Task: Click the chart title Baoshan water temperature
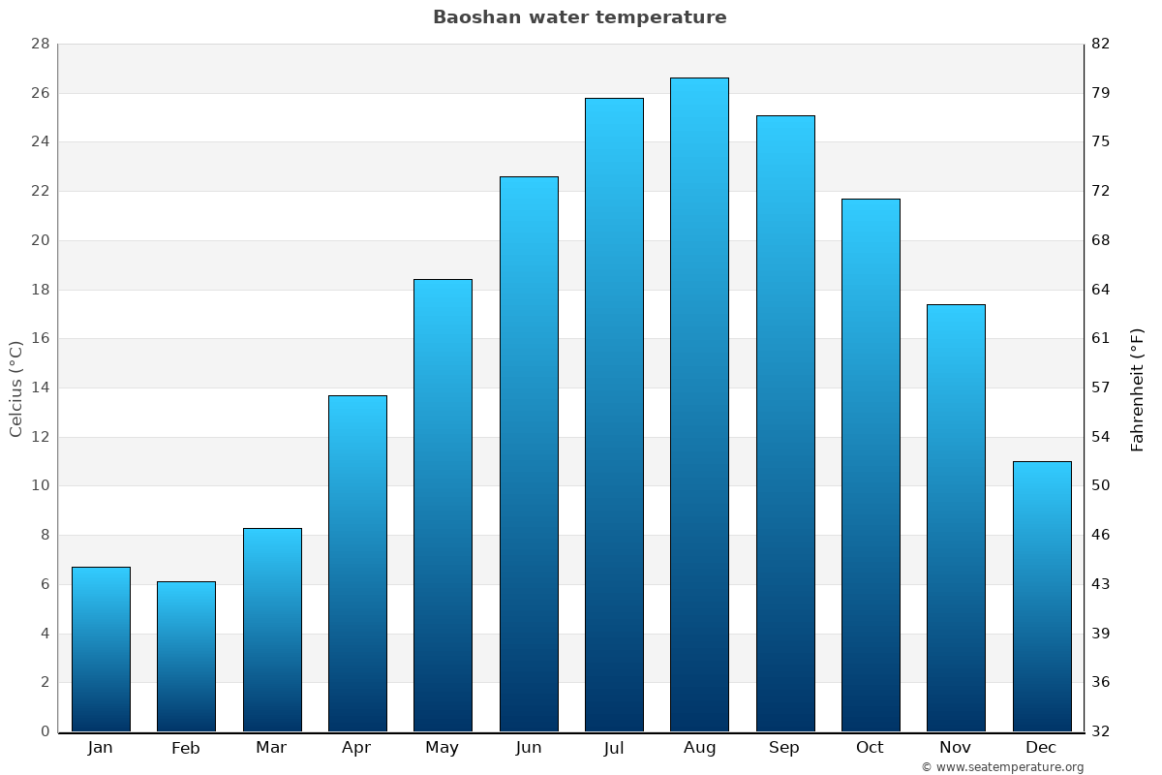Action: click(579, 17)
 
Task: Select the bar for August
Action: click(699, 405)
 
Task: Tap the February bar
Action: click(186, 657)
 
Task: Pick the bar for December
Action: click(1041, 596)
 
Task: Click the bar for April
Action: click(357, 563)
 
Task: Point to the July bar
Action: click(614, 415)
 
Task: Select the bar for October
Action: click(870, 465)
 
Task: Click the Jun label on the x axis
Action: click(529, 748)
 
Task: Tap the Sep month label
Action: click(784, 748)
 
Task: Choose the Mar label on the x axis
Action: click(271, 748)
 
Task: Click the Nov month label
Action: click(956, 748)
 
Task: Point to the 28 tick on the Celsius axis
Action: click(41, 45)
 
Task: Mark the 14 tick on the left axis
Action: click(41, 388)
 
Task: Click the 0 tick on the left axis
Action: click(45, 731)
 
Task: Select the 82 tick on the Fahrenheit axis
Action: click(1101, 45)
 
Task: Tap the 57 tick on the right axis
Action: click(1101, 388)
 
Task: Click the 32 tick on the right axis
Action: click(1101, 731)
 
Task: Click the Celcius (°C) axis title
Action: click(15, 388)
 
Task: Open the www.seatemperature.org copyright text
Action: click(1002, 767)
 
